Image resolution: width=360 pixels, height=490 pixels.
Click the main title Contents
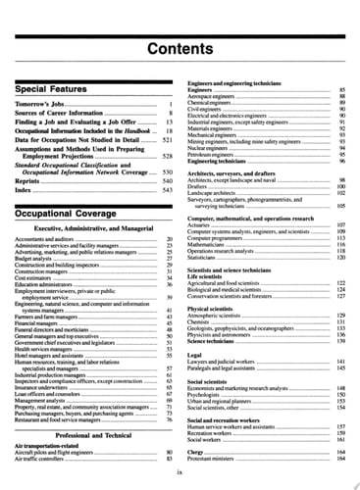click(x=180, y=48)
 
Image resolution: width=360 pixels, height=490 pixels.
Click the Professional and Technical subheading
click(x=92, y=434)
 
